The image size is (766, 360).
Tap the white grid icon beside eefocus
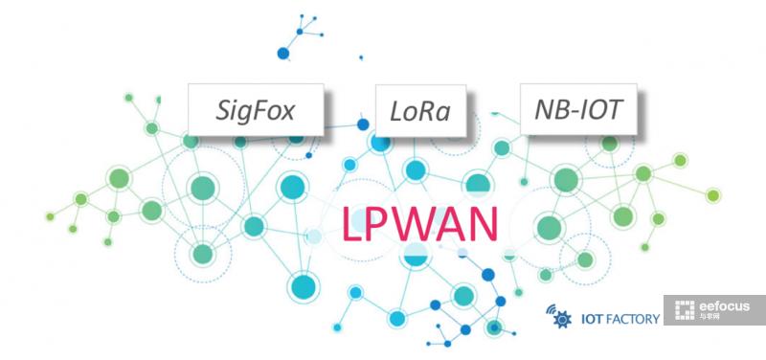[x=685, y=311]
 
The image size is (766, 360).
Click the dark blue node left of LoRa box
[x=363, y=124]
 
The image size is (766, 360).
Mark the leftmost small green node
[x=50, y=217]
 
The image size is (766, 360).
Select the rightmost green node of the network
[x=713, y=196]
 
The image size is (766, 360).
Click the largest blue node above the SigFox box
[x=282, y=53]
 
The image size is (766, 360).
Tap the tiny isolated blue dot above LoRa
[x=361, y=57]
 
